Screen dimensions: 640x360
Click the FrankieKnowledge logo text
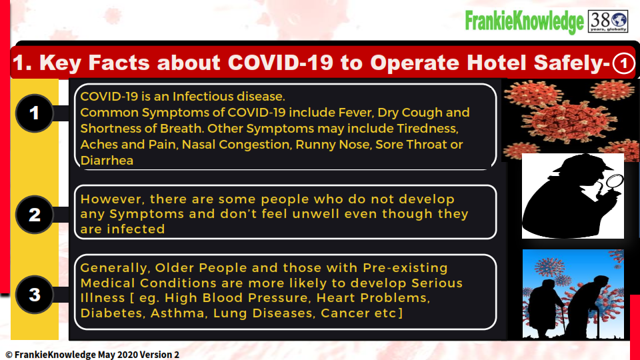(525, 21)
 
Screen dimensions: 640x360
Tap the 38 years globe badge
(608, 21)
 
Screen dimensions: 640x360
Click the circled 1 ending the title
(623, 63)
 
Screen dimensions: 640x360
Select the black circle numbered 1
(35, 113)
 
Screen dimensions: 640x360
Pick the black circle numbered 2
(35, 215)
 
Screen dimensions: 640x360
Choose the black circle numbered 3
(35, 294)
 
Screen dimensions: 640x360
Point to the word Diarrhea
(107, 161)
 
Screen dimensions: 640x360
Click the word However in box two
(111, 199)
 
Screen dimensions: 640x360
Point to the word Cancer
(341, 313)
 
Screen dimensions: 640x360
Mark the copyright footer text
(92, 354)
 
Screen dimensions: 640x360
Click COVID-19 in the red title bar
(281, 63)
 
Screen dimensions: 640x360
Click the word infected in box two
(136, 229)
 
